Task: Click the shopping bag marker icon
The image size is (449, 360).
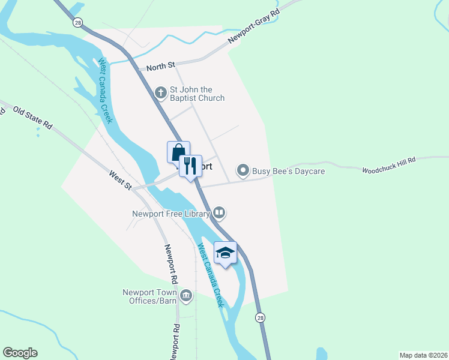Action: pyautogui.click(x=178, y=152)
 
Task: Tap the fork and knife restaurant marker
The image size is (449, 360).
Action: pyautogui.click(x=190, y=166)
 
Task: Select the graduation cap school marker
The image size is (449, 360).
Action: pyautogui.click(x=225, y=253)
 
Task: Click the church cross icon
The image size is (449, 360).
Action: pyautogui.click(x=160, y=92)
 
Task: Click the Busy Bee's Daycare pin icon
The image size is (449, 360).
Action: pyautogui.click(x=243, y=171)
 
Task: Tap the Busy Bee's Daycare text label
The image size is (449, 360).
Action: pyautogui.click(x=288, y=172)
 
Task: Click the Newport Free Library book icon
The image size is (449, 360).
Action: pyautogui.click(x=220, y=212)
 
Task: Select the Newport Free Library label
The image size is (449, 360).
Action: pyautogui.click(x=171, y=212)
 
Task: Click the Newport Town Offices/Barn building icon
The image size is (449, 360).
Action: pyautogui.click(x=186, y=296)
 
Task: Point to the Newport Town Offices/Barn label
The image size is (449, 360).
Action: pyautogui.click(x=149, y=296)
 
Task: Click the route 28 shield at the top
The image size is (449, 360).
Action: pyautogui.click(x=78, y=22)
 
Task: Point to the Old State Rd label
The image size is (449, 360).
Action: pyautogui.click(x=33, y=118)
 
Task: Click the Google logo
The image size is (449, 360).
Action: pyautogui.click(x=20, y=353)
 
